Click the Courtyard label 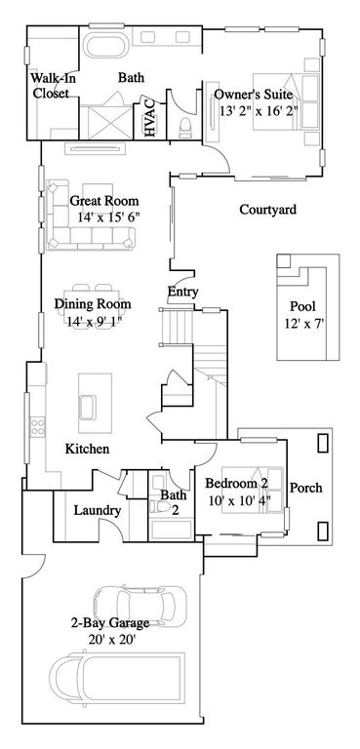267,210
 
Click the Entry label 183,292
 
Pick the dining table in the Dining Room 94,310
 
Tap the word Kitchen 86,450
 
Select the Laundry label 97,511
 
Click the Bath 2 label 173,503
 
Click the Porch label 306,488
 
